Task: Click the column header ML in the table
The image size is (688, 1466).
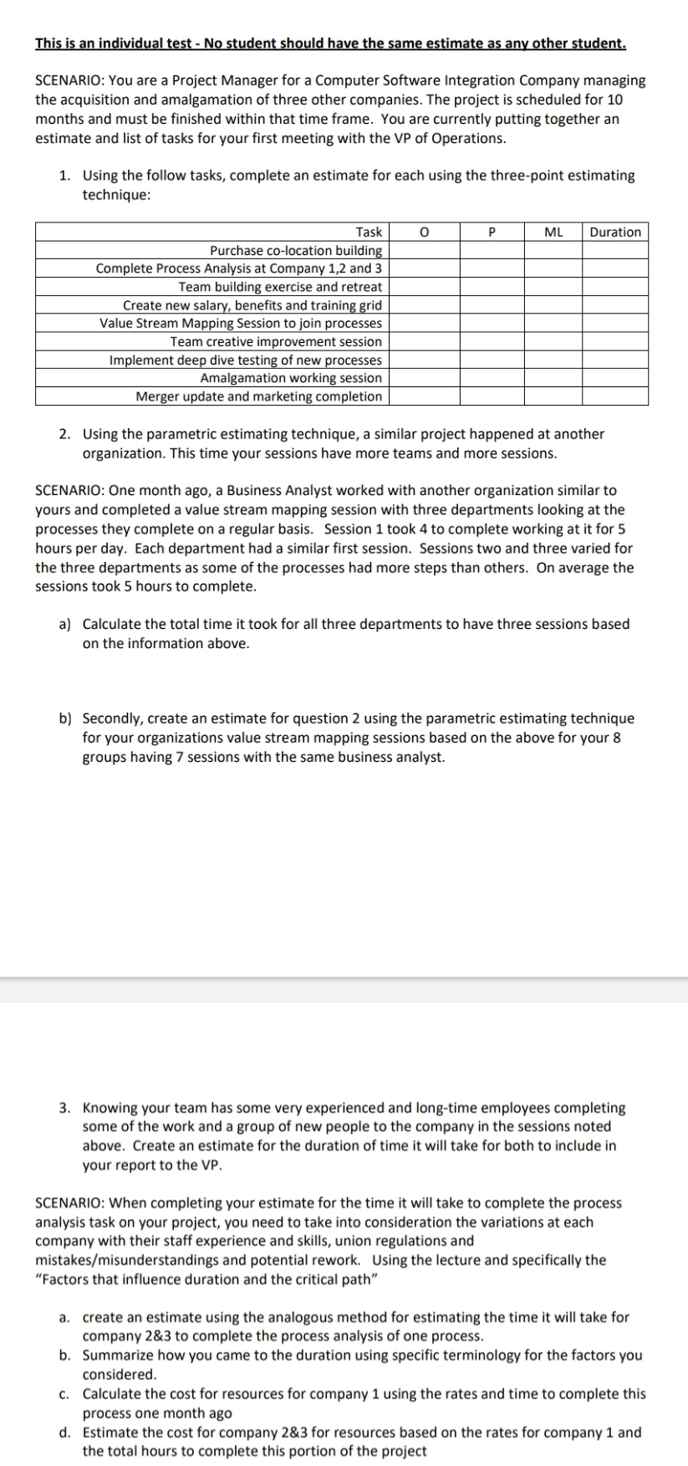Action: coord(553,232)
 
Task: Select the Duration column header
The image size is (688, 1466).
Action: coord(615,232)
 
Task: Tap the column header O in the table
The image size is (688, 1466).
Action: coord(424,232)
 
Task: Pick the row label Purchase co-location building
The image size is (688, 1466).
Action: coord(296,250)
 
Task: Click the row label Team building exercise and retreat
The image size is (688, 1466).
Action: coord(280,287)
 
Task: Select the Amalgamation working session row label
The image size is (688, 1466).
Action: coord(291,378)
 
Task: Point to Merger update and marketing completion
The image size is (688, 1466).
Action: coord(259,396)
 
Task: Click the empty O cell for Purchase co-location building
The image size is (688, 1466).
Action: coord(424,250)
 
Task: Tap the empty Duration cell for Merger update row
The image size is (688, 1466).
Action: coord(615,396)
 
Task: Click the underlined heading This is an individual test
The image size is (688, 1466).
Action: coord(330,43)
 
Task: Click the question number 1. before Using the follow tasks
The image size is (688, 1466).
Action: coord(64,176)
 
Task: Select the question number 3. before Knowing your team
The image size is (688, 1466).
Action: coord(64,1107)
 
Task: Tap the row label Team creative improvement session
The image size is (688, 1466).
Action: coord(276,341)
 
